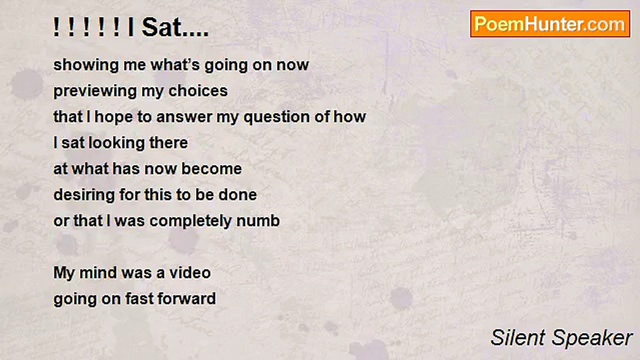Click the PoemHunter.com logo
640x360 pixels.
pos(550,24)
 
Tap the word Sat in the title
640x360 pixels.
pos(158,27)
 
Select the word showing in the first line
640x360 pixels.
pos(85,65)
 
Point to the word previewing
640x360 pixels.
pos(95,91)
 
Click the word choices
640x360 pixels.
pos(198,91)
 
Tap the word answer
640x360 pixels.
pos(184,117)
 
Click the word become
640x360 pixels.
pos(211,169)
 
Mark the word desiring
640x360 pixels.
pos(84,195)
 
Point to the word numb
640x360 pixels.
pos(258,221)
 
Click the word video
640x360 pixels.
pos(190,273)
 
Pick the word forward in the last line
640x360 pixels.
pos(186,299)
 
